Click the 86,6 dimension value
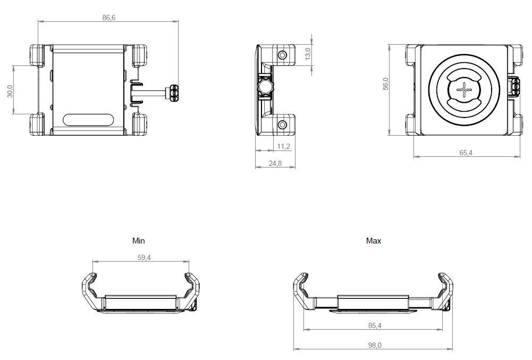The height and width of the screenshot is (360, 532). click(109, 18)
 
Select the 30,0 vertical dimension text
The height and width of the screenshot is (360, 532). click(10, 91)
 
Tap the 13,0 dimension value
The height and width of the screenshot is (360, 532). click(308, 54)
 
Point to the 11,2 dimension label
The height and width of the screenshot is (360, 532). click(284, 146)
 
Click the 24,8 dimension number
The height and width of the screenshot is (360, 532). click(275, 163)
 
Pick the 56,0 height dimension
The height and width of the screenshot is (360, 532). click(386, 83)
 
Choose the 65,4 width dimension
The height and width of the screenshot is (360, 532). click(466, 153)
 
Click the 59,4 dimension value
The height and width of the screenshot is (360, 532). click(144, 257)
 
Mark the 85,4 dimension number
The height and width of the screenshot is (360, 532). click(375, 325)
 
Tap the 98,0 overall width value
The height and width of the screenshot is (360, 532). click(375, 345)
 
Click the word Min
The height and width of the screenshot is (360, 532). click(138, 241)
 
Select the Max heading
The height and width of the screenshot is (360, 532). click(374, 241)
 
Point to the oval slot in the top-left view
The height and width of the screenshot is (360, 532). click(88, 120)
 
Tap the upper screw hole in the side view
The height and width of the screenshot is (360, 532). click(282, 55)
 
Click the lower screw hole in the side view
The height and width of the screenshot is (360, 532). click(282, 125)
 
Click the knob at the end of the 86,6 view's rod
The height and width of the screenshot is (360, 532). click(174, 93)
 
